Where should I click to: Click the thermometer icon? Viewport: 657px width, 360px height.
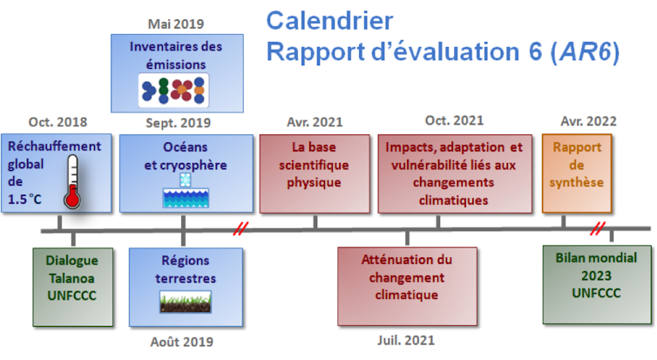72,181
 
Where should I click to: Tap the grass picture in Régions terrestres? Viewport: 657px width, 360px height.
186,302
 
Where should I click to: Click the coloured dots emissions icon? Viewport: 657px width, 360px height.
173,91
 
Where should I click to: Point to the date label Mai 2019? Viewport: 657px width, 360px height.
176,24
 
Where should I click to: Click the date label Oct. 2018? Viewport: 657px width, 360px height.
58,122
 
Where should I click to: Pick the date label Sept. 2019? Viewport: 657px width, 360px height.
178,123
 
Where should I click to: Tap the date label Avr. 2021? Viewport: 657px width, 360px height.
315,122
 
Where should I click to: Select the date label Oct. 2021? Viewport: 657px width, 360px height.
454,120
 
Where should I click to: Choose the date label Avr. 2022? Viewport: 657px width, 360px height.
589,121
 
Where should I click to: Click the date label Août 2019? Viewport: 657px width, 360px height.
182,342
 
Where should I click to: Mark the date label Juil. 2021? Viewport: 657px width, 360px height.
406,340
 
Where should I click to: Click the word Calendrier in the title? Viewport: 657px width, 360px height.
329,21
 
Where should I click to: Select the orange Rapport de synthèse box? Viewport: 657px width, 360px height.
577,173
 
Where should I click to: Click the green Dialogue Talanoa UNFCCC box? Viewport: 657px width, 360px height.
73,287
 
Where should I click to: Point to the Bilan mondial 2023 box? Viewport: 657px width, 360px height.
597,284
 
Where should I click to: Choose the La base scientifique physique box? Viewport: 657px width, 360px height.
315,173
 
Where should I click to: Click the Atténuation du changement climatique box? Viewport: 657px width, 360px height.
407,286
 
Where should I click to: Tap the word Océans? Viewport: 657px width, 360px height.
186,147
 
